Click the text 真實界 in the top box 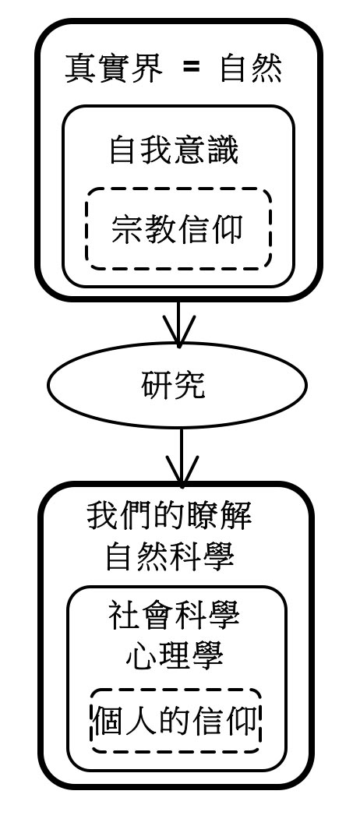(x=114, y=69)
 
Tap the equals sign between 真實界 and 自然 (x=191, y=69)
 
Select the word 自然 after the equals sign (x=251, y=69)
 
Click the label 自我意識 (x=174, y=151)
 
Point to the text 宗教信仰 (x=177, y=229)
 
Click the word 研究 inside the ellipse (x=173, y=386)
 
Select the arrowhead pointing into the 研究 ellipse (x=178, y=331)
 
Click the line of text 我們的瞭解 (x=170, y=517)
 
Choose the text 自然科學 (x=170, y=558)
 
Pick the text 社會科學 (x=174, y=616)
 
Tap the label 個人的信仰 (x=175, y=722)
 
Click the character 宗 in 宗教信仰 (x=128, y=229)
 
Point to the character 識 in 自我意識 (x=223, y=151)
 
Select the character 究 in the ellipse (x=189, y=386)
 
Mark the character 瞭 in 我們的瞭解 (x=203, y=517)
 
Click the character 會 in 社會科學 (x=158, y=616)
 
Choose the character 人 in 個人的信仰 (x=142, y=722)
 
